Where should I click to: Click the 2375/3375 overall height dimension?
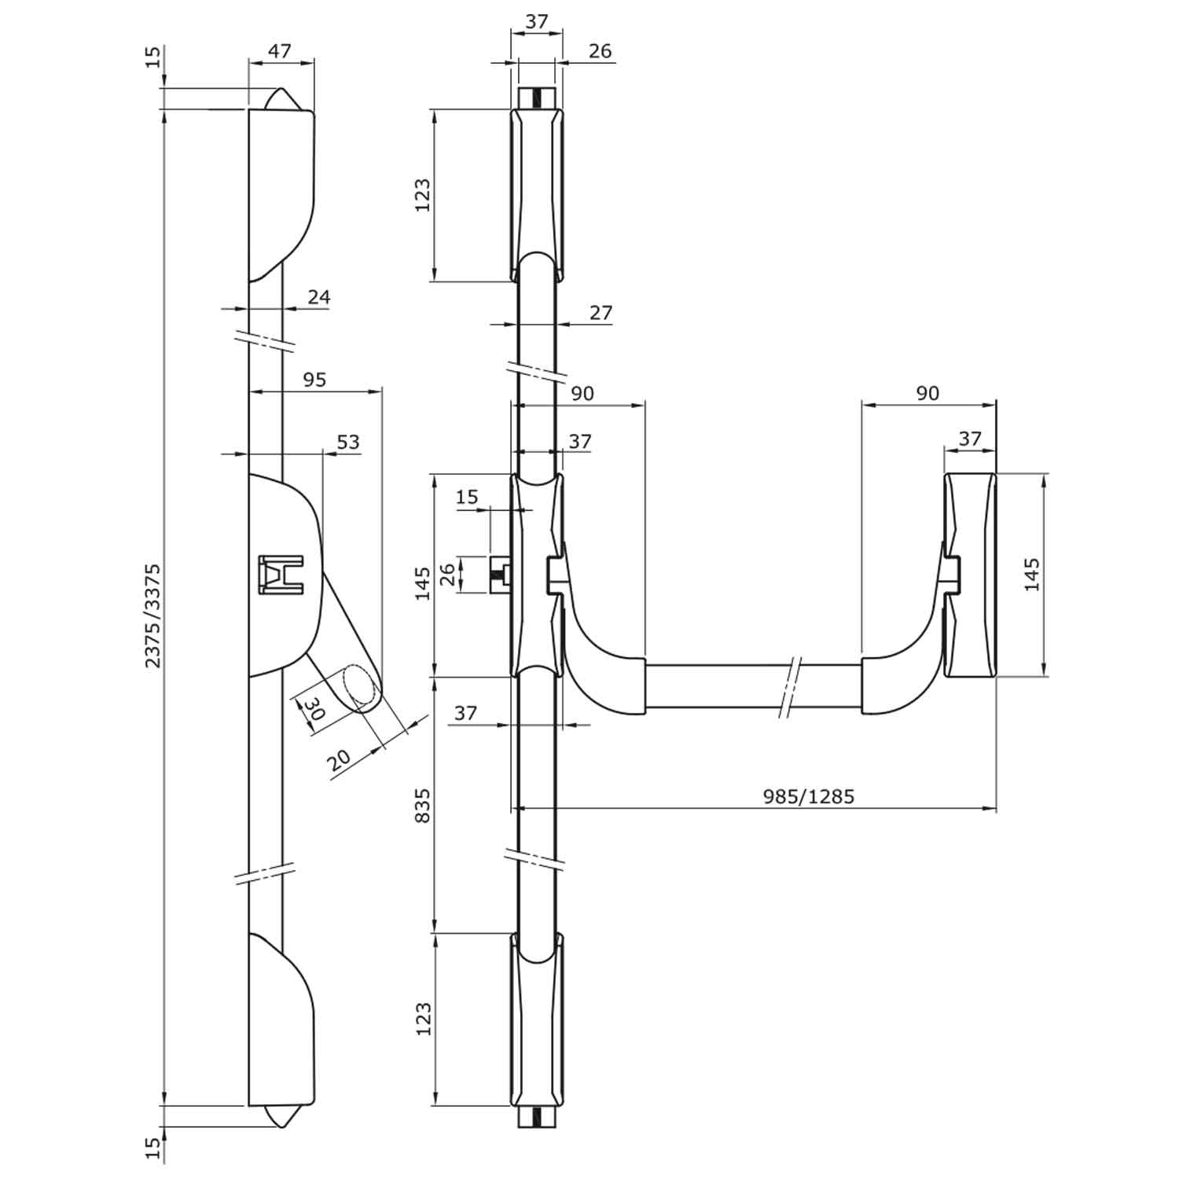[x=153, y=615]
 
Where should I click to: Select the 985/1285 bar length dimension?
[x=808, y=796]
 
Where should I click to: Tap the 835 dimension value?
[x=423, y=806]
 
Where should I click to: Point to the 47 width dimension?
[x=280, y=51]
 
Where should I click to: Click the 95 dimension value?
[x=314, y=380]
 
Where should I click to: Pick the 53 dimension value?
[x=347, y=442]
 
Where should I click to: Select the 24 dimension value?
[x=318, y=297]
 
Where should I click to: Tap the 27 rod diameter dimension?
[x=601, y=312]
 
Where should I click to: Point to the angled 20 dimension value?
[x=340, y=759]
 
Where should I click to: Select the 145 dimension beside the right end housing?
[x=1032, y=575]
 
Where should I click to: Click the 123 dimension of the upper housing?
[x=423, y=195]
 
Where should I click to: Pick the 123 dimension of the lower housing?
[x=423, y=1019]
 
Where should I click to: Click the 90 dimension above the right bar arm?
[x=927, y=392]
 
